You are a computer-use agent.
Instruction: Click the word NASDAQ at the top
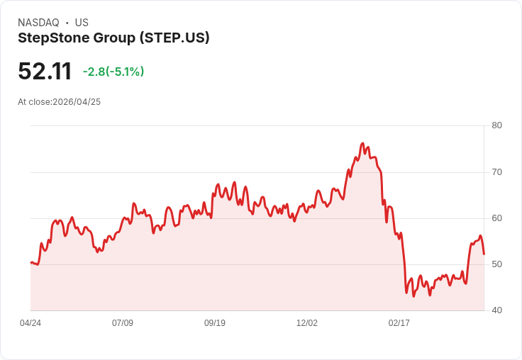tap(38, 23)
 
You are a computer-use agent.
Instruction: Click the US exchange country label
tap(82, 23)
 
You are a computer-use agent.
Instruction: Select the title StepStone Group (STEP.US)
tap(113, 38)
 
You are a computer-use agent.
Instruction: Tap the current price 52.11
tap(45, 72)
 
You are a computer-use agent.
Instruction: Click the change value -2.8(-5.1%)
tap(113, 72)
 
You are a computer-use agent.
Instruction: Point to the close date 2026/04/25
tap(77, 102)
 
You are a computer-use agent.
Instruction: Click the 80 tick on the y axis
tap(496, 125)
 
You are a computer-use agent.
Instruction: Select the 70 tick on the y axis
tap(496, 172)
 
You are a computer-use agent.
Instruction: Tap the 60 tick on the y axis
tap(496, 218)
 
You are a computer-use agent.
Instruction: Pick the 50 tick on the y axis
tap(496, 264)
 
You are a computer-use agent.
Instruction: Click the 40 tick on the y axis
tap(496, 310)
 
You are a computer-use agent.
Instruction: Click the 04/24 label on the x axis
tap(30, 323)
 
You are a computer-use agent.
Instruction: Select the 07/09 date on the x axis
tap(123, 323)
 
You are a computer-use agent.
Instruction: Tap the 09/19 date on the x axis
tap(215, 323)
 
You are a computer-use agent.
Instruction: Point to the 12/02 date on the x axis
tap(307, 323)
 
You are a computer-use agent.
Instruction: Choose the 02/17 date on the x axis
tap(399, 323)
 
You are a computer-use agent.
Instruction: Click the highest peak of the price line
tap(362, 143)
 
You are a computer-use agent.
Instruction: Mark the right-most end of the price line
tap(484, 254)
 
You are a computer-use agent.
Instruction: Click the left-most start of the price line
tap(31, 262)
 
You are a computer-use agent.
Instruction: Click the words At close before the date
tap(35, 102)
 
